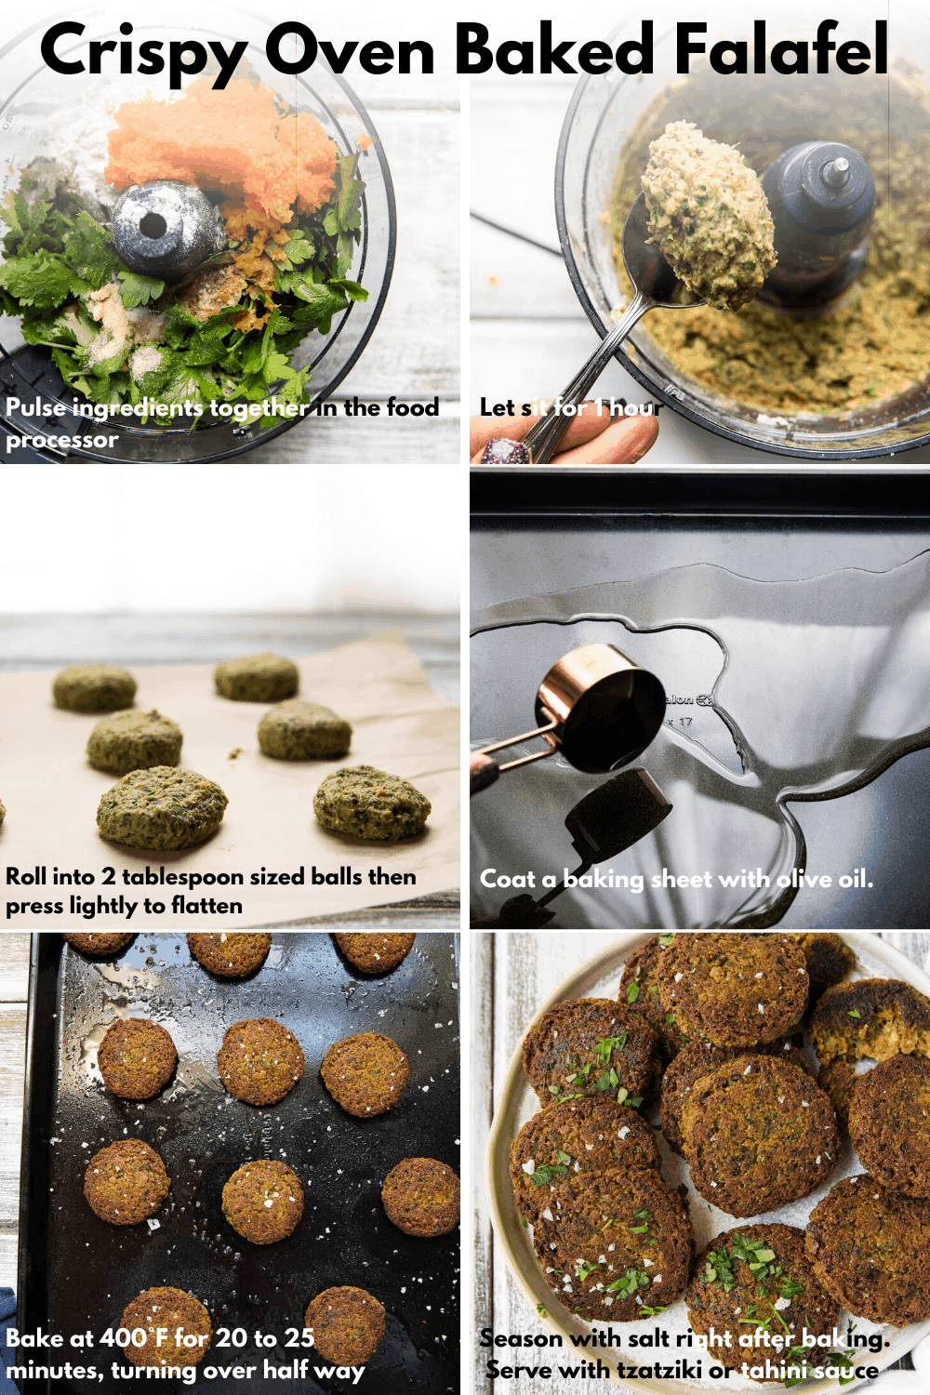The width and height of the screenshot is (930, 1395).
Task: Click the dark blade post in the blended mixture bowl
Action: pyautogui.click(x=818, y=214)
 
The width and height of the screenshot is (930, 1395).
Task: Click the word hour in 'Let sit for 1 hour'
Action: pyautogui.click(x=636, y=407)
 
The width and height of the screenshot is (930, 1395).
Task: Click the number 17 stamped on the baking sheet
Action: pyautogui.click(x=685, y=722)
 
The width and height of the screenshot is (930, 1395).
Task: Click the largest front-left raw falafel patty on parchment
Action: pyautogui.click(x=162, y=807)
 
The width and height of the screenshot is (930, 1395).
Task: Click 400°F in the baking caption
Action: pyautogui.click(x=134, y=1338)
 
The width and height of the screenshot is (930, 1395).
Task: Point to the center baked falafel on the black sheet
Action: pyautogui.click(x=263, y=1201)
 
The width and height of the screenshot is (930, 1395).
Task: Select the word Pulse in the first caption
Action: pyautogui.click(x=35, y=407)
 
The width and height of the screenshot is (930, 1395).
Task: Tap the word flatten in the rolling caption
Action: pyautogui.click(x=206, y=906)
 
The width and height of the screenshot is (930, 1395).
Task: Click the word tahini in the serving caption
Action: pyautogui.click(x=771, y=1370)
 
